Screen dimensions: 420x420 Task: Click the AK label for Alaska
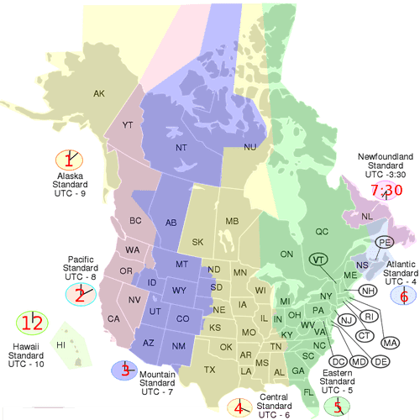pos(99,93)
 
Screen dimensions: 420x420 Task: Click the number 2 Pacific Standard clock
pos(81,293)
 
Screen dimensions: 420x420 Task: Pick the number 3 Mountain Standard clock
pos(123,369)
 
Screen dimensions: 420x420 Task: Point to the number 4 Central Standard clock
pos(239,408)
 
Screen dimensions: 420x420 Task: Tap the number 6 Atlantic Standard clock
pos(404,295)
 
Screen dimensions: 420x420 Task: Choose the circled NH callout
pos(367,291)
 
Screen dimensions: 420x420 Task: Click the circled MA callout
pos(389,343)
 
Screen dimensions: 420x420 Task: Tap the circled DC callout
pos(339,361)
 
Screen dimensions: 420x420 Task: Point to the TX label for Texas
pos(209,370)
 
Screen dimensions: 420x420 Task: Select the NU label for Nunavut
pos(249,147)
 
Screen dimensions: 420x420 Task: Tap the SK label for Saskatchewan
pos(198,242)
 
